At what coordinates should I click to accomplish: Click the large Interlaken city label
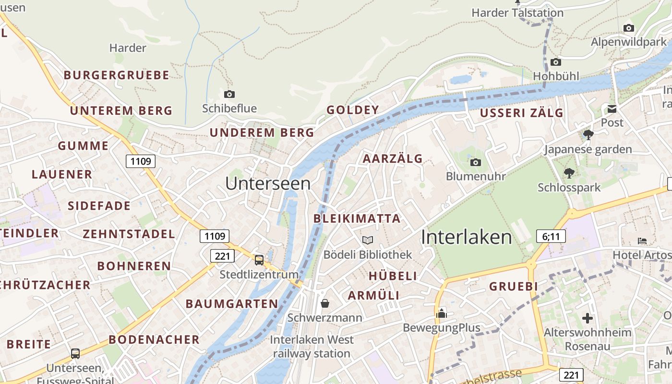pos(467,237)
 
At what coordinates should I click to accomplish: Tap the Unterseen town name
pos(268,183)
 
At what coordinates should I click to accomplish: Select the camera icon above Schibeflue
pos(229,94)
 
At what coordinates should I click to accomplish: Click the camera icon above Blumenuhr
pos(476,162)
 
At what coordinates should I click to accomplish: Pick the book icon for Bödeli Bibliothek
pos(368,240)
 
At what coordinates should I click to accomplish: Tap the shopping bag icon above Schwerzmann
pos(325,303)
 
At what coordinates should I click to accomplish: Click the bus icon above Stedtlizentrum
pos(259,260)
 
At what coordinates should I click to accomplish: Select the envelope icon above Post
pos(612,109)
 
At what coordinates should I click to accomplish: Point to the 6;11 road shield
pos(551,236)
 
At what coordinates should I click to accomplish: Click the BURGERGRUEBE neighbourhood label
pos(117,75)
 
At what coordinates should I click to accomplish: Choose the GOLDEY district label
pos(353,110)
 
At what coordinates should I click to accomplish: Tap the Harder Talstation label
pos(517,13)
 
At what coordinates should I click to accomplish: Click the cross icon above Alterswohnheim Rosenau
pos(588,318)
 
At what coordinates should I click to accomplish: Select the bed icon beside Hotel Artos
pos(642,240)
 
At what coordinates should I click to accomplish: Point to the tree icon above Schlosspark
pos(569,173)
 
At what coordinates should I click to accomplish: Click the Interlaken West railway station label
pos(312,347)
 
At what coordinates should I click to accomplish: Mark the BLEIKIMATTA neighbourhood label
pos(357,219)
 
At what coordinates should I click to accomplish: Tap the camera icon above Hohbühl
pos(556,62)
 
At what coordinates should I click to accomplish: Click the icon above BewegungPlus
pos(441,313)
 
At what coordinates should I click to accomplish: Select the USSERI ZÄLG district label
pos(522,113)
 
